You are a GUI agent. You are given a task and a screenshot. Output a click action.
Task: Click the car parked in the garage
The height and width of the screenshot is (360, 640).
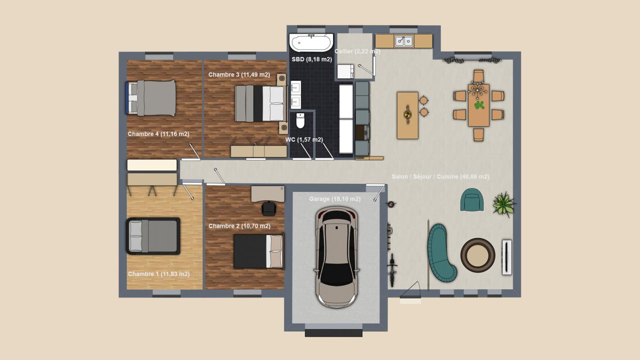(x=337, y=257)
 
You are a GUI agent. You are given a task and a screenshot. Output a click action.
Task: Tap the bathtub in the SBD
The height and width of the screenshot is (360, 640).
(x=311, y=43)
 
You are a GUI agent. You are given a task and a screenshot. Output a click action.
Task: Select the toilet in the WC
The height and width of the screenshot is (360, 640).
(x=300, y=121)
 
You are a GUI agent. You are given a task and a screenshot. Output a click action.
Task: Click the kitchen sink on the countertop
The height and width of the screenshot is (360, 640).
(x=404, y=41)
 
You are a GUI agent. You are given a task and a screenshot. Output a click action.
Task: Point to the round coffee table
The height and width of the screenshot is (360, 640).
(x=478, y=255)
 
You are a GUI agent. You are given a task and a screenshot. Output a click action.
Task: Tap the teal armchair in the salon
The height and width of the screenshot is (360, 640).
(x=472, y=200)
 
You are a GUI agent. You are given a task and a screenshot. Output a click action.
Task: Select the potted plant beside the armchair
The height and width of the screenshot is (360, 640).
(x=504, y=204)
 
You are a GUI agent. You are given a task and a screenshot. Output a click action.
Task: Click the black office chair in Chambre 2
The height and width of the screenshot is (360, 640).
(x=269, y=208)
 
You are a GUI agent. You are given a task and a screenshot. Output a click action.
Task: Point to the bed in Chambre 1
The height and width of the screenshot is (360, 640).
(x=153, y=236)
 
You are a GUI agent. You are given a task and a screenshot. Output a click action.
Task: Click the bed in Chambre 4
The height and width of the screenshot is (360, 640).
(x=151, y=98)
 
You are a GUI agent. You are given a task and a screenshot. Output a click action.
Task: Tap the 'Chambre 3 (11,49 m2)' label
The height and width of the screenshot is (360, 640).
(x=239, y=75)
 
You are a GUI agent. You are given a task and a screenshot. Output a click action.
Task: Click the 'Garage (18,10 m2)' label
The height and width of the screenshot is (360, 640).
(x=335, y=199)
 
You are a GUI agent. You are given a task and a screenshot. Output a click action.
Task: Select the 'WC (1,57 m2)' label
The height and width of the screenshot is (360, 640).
(x=304, y=139)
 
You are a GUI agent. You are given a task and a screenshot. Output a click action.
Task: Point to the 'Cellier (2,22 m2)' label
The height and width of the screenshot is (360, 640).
(x=357, y=51)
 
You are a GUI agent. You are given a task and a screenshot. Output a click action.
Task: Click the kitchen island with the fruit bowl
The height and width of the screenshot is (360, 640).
(x=408, y=115)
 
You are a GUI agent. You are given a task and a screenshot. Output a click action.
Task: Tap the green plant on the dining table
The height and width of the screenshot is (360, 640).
(x=479, y=105)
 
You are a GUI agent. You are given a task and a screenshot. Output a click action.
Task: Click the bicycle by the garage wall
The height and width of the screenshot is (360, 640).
(x=392, y=270)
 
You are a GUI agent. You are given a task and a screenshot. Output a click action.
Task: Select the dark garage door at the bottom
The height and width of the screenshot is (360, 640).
(x=334, y=333)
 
